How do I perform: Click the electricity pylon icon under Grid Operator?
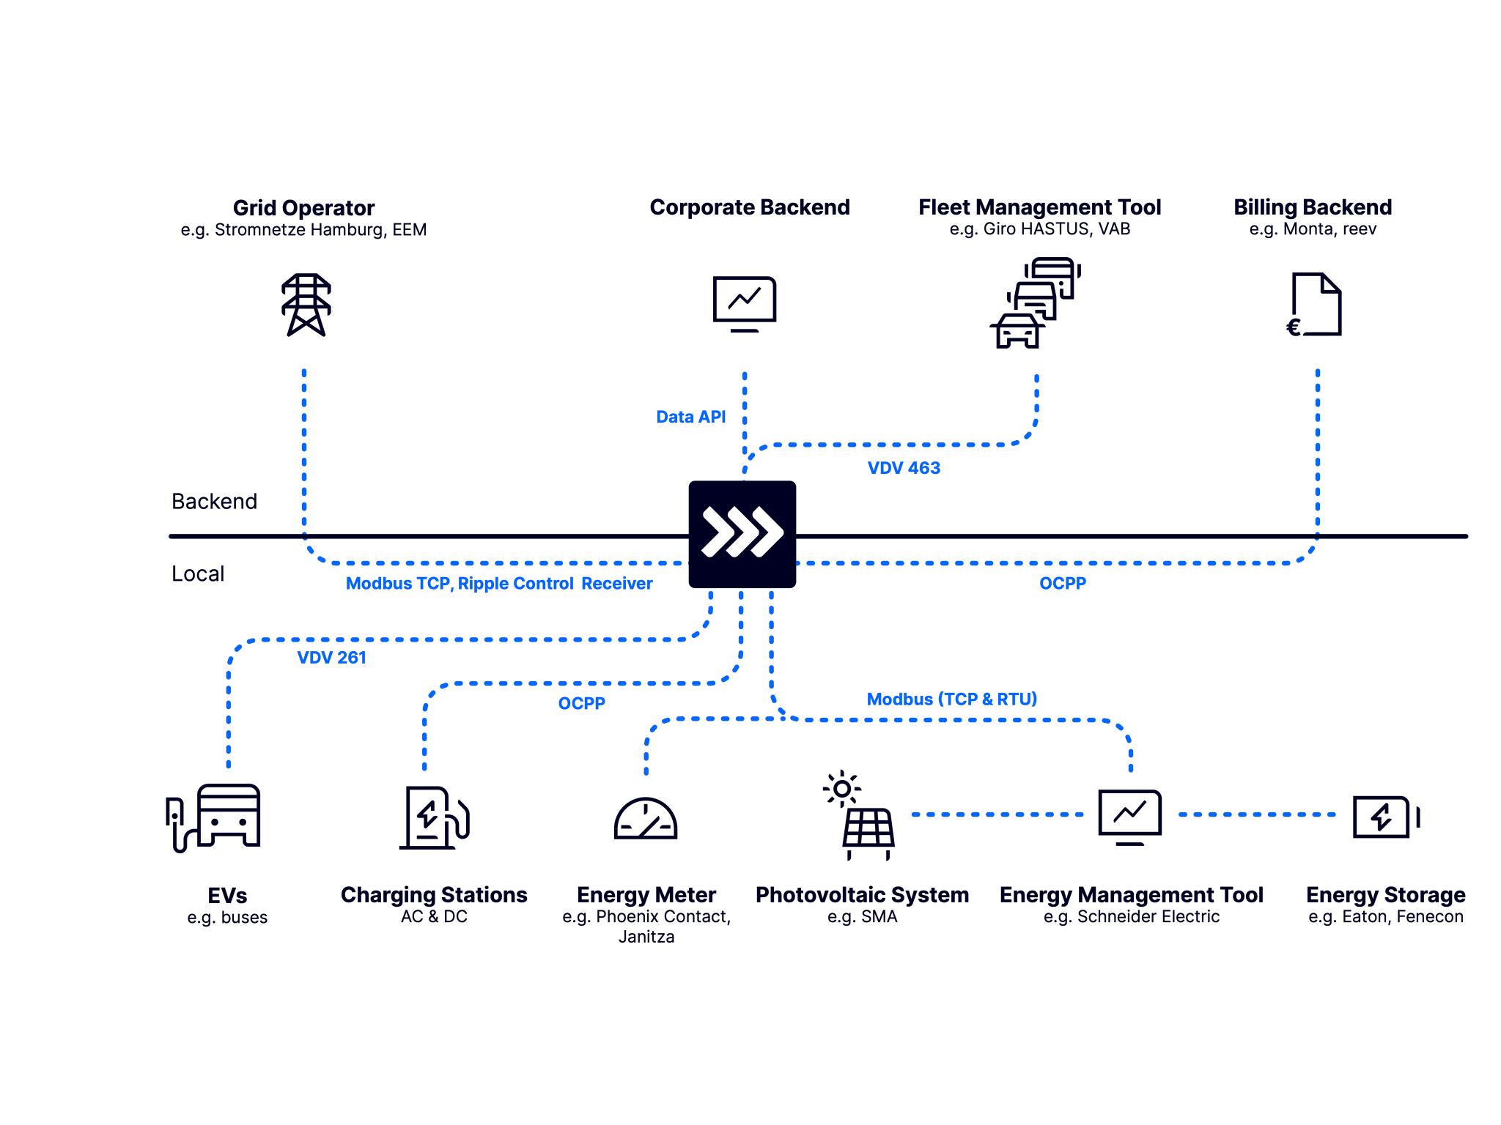(x=306, y=305)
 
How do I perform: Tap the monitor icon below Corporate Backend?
(x=745, y=303)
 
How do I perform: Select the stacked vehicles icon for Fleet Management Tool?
(x=1035, y=302)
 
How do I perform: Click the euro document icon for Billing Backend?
(x=1316, y=305)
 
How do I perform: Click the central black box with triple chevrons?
(x=742, y=534)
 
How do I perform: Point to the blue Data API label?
(x=690, y=417)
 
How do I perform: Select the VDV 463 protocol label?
(x=904, y=468)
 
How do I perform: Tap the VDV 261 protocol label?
(x=331, y=658)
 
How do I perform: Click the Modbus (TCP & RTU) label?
(x=951, y=699)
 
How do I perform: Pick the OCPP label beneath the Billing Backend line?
(x=1062, y=584)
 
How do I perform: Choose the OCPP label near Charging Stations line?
(x=581, y=703)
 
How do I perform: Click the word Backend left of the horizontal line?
(x=214, y=502)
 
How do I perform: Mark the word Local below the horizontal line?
(x=198, y=573)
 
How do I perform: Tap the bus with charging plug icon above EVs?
(x=213, y=817)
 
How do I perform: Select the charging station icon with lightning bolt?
(x=434, y=817)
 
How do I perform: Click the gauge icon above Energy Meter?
(x=645, y=819)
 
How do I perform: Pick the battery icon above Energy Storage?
(x=1384, y=817)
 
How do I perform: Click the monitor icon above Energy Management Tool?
(x=1129, y=817)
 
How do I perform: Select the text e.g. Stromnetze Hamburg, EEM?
(x=303, y=230)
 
